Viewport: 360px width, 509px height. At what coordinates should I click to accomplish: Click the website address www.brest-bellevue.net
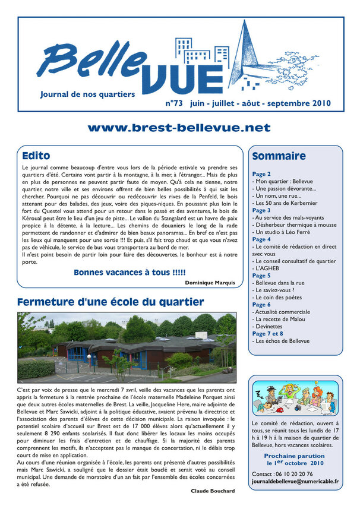click(x=179, y=128)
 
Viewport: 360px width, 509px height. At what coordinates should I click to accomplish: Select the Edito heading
click(x=36, y=156)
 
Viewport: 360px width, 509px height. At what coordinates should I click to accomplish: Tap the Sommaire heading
click(x=279, y=156)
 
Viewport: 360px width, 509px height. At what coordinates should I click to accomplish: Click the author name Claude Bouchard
click(x=213, y=491)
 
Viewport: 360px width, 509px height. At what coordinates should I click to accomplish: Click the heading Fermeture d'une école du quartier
click(x=110, y=302)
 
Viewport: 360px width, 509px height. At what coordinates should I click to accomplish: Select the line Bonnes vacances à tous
click(x=130, y=273)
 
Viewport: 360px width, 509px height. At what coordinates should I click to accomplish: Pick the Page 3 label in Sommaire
click(x=261, y=210)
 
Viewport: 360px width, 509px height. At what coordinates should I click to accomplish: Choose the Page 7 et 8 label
click(x=268, y=334)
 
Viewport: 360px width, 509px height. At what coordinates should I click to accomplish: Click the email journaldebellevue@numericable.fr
click(x=295, y=482)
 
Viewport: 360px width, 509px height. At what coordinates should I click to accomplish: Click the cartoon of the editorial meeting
click(x=295, y=397)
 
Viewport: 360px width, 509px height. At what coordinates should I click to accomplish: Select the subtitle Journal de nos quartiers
click(x=87, y=94)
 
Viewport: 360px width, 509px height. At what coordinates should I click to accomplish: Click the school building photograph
click(x=127, y=347)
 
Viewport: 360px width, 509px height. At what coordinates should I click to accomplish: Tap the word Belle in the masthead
click(x=94, y=62)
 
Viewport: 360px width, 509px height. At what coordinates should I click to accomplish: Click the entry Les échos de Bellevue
click(x=283, y=342)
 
